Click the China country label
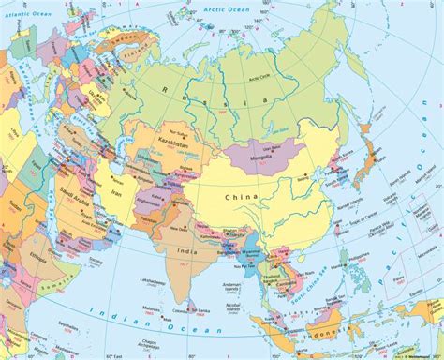240,197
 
